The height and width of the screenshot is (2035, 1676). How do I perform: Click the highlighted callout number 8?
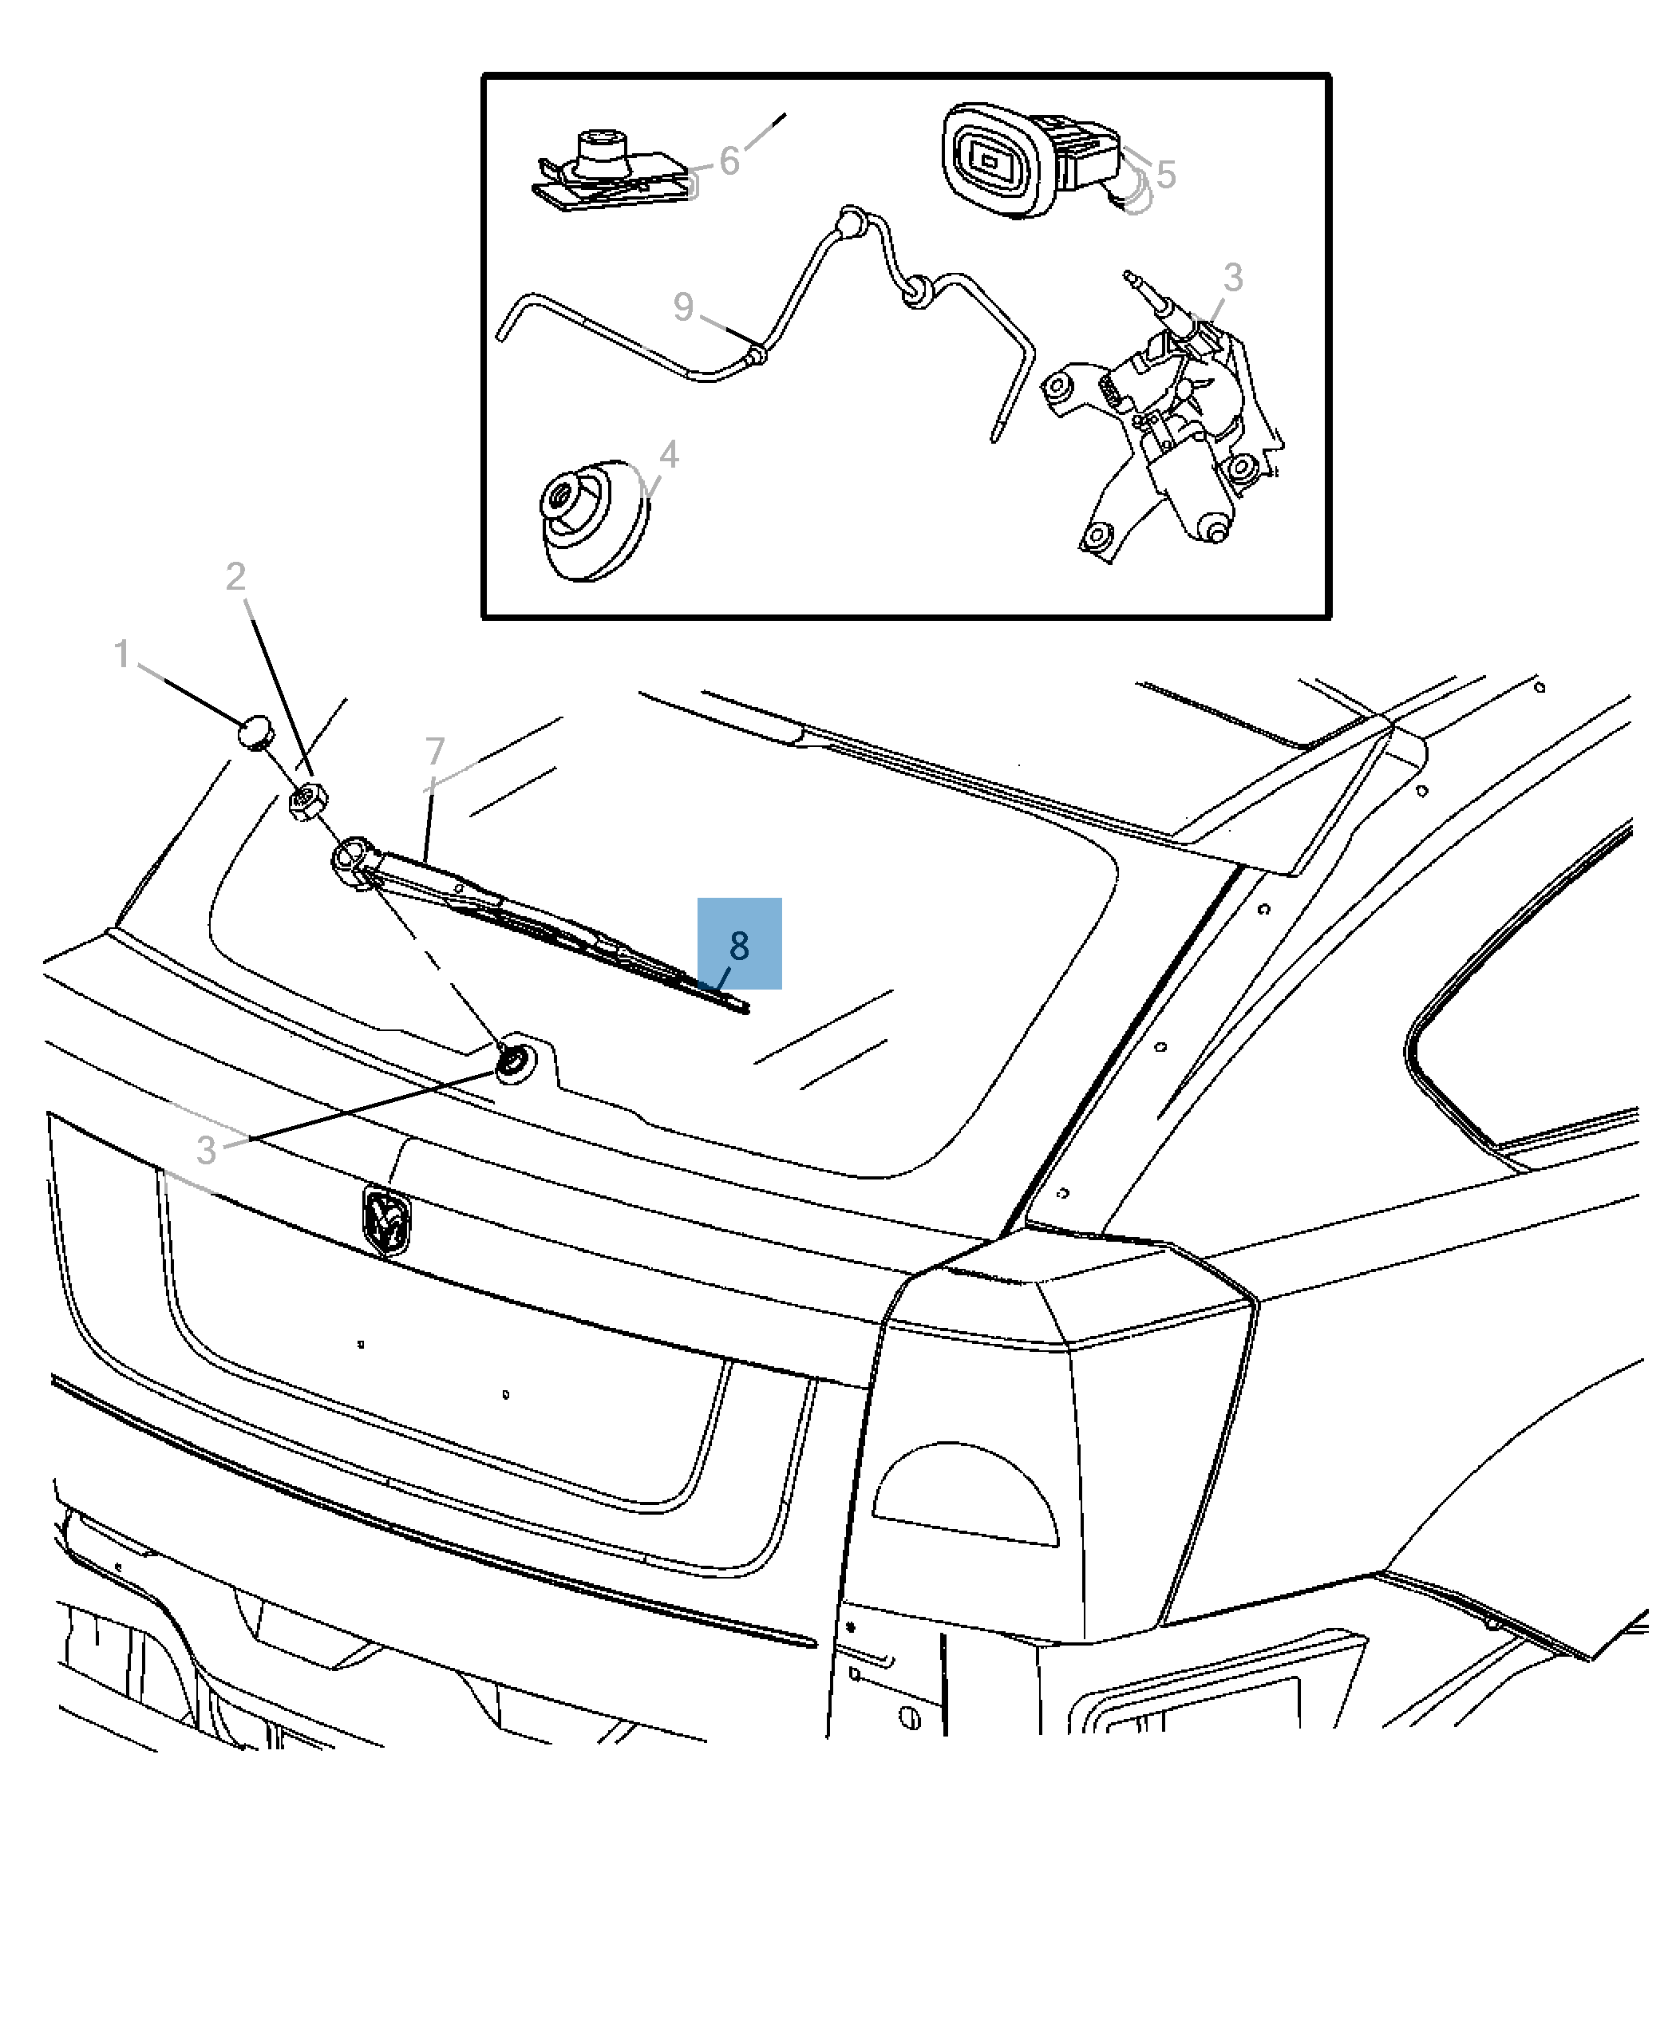pyautogui.click(x=740, y=945)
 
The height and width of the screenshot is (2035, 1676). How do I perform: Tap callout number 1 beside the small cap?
pyautogui.click(x=121, y=654)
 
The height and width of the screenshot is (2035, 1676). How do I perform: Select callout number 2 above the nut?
pyautogui.click(x=235, y=577)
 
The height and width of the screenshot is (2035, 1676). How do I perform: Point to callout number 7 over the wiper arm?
pyautogui.click(x=436, y=750)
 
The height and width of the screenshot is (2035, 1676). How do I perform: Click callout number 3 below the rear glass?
pyautogui.click(x=206, y=1150)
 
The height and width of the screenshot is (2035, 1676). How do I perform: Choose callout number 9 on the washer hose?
pyautogui.click(x=683, y=307)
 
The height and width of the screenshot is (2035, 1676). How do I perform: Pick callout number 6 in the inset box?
pyautogui.click(x=729, y=161)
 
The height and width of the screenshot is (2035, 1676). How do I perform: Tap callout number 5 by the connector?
pyautogui.click(x=1165, y=175)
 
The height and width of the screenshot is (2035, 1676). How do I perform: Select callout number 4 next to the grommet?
pyautogui.click(x=668, y=455)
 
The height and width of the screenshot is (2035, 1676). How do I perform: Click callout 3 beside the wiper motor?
pyautogui.click(x=1233, y=277)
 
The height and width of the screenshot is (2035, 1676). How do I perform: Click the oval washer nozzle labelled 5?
pyautogui.click(x=994, y=160)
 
